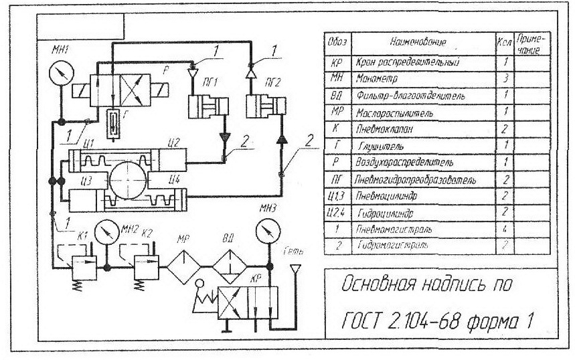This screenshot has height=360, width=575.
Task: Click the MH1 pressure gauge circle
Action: (x=61, y=72)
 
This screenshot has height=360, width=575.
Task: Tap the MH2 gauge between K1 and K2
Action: (x=106, y=232)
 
